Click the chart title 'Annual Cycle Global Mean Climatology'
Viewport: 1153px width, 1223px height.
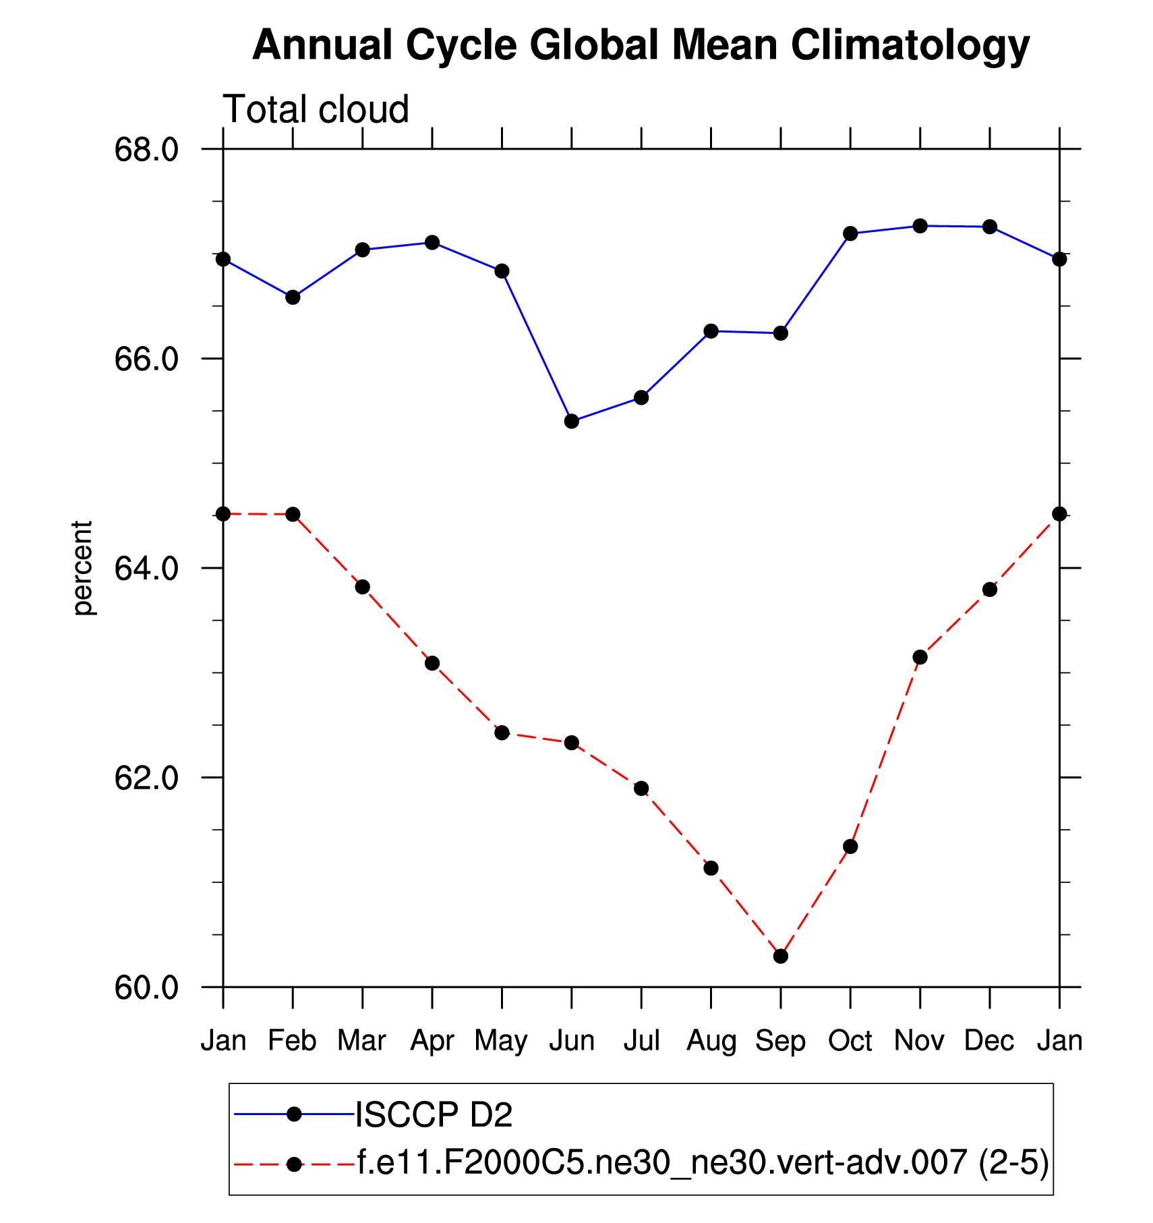pos(641,46)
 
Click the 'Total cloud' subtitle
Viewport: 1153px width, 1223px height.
pos(316,109)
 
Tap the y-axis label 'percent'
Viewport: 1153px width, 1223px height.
pos(82,568)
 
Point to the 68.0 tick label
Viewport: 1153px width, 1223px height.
pos(146,149)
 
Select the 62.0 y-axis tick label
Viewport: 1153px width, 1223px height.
pos(146,778)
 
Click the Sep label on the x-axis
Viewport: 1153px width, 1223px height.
pos(780,1041)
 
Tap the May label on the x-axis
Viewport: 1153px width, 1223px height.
pos(501,1041)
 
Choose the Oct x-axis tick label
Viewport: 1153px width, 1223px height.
pos(850,1041)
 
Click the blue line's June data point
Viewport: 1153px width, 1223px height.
pos(572,422)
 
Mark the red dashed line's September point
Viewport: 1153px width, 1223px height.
pos(781,956)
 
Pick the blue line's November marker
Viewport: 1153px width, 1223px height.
pos(920,225)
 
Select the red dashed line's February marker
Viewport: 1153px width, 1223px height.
pos(293,515)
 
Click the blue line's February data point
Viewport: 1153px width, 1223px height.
pos(293,297)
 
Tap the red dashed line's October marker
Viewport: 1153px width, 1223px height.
pos(850,847)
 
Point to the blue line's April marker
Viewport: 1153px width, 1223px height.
pos(432,243)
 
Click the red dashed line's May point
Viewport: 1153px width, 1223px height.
pos(502,733)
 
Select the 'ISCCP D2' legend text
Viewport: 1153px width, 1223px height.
pos(434,1114)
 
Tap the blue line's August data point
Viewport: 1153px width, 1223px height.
pos(711,331)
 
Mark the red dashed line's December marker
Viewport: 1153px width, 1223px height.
pos(990,590)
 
